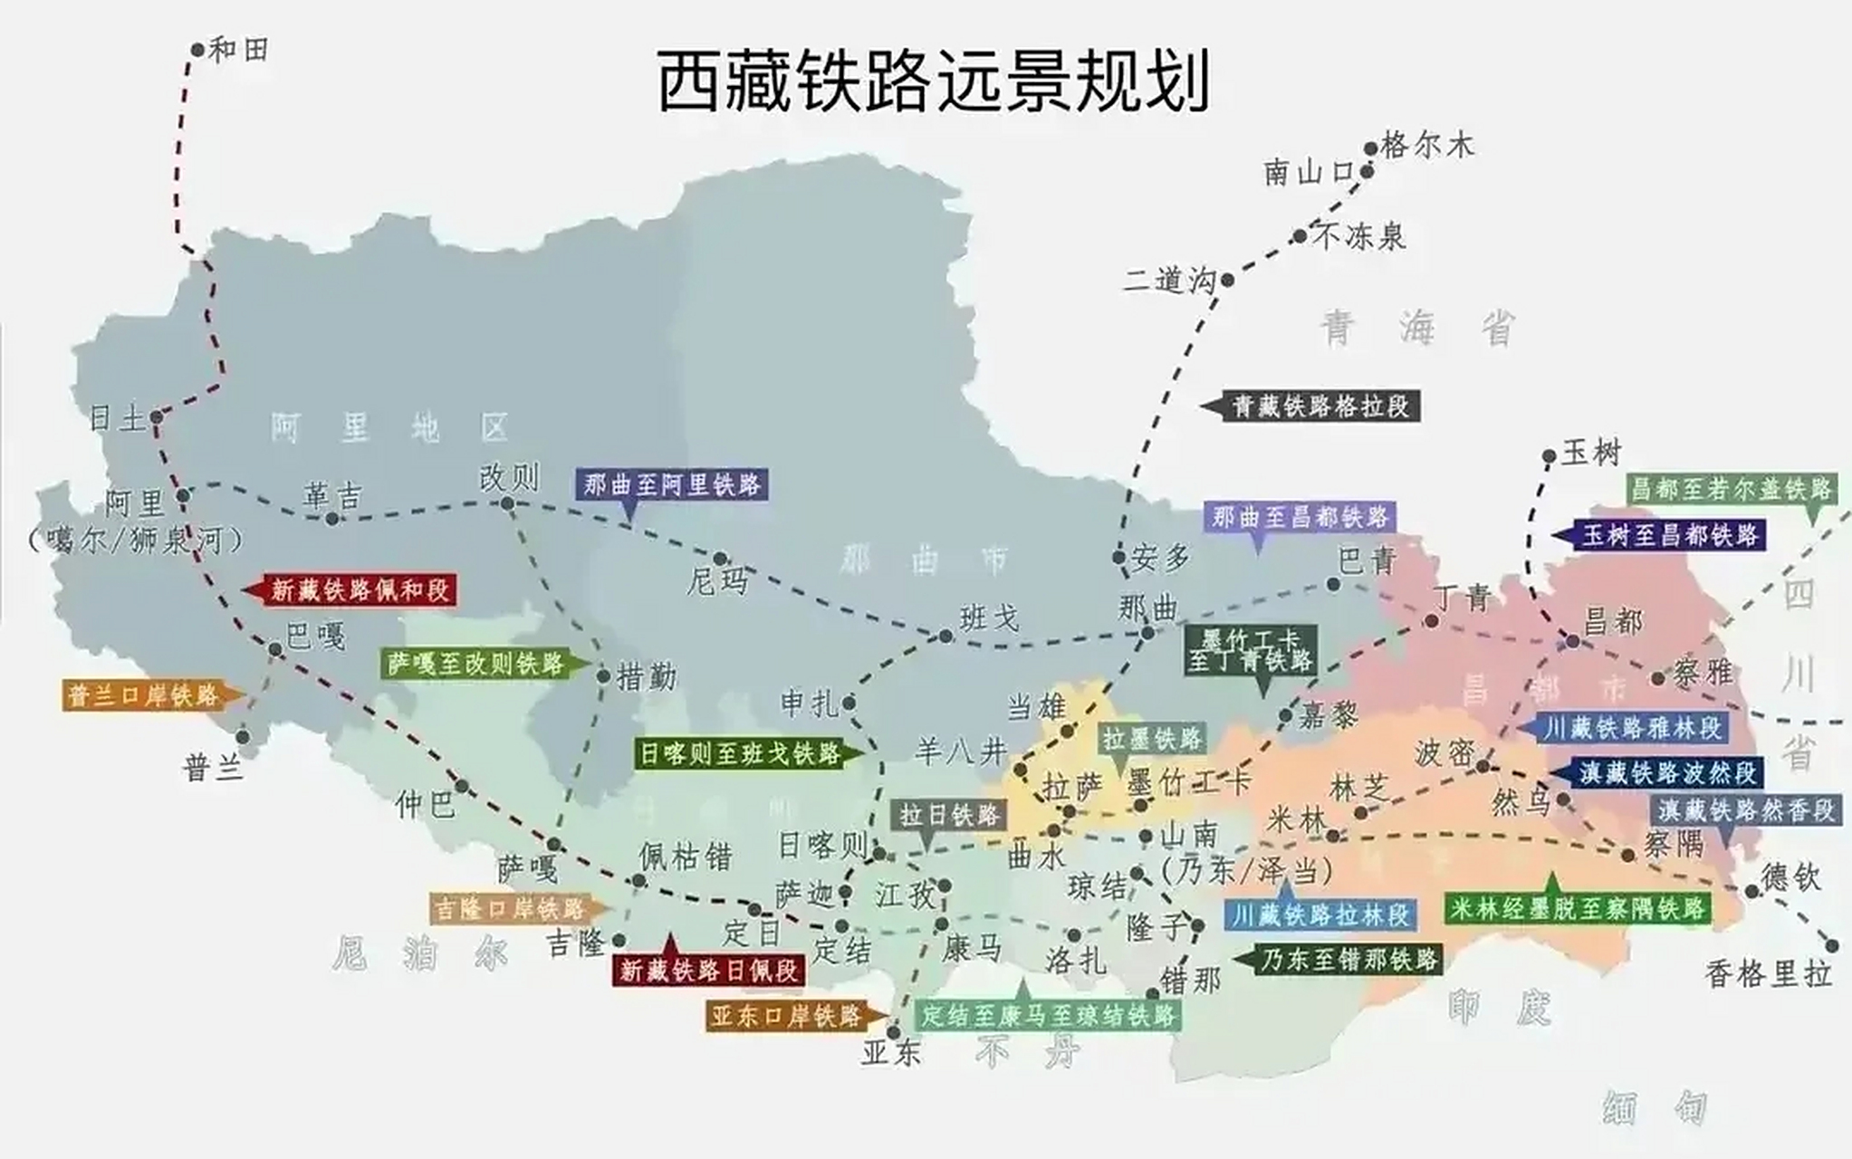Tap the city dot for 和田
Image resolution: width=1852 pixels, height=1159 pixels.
click(x=197, y=50)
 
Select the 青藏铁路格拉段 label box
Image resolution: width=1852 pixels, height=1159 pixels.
click(x=1321, y=407)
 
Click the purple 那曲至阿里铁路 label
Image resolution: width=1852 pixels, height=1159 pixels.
click(x=672, y=485)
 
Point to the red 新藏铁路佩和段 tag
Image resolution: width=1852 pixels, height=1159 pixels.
click(x=360, y=590)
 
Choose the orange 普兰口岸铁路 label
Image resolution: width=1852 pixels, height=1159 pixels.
click(x=144, y=695)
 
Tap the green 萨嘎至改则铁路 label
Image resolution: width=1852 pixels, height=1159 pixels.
click(x=475, y=664)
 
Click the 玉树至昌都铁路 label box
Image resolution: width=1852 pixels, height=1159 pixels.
click(x=1670, y=535)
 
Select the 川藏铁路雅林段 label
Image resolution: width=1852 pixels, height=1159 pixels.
click(x=1633, y=727)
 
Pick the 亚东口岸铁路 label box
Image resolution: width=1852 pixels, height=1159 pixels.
click(x=785, y=1017)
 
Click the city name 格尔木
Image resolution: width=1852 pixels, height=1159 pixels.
click(x=1427, y=146)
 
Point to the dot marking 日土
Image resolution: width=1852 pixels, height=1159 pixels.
click(x=156, y=417)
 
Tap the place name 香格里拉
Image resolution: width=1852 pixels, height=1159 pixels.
click(x=1768, y=974)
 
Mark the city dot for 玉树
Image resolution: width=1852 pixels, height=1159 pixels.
click(x=1549, y=457)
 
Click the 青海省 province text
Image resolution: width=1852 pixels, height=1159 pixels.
click(x=1417, y=328)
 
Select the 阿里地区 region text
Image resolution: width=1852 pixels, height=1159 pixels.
click(x=389, y=427)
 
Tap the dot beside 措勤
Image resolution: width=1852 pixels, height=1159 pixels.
click(x=603, y=676)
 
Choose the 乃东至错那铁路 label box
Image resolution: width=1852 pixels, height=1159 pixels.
click(x=1349, y=960)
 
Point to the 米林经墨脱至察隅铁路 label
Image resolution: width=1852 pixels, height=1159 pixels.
click(x=1577, y=909)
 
